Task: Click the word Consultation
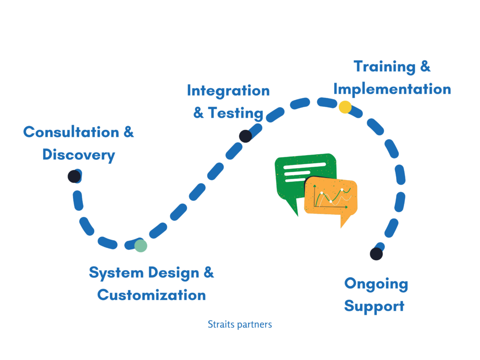tap(71, 132)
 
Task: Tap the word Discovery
tap(79, 155)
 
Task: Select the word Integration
tap(228, 91)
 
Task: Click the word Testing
tap(235, 113)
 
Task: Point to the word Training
tap(384, 67)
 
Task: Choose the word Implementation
tap(392, 89)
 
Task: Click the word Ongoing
tap(376, 284)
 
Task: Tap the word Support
tap(374, 306)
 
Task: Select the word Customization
tap(151, 295)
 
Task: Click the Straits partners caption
tap(240, 324)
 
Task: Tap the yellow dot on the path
tap(345, 107)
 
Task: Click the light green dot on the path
tap(141, 246)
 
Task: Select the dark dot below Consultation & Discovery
tap(74, 177)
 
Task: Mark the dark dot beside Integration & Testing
tap(246, 136)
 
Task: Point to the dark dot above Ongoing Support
tap(376, 254)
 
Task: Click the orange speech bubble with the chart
tap(330, 197)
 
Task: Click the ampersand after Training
tap(425, 67)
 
